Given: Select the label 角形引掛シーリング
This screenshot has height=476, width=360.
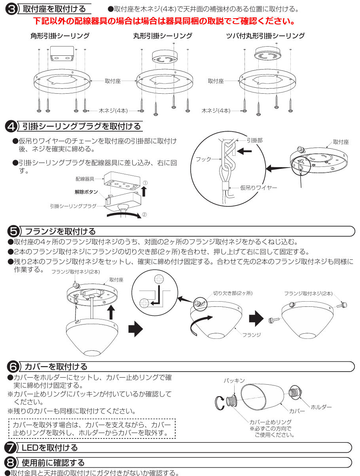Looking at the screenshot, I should click(x=60, y=36).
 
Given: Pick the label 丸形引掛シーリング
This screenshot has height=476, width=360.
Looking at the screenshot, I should click(x=163, y=36).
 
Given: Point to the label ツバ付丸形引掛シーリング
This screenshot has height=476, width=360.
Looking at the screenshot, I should click(x=265, y=36).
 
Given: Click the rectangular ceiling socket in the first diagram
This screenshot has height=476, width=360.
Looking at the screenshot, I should click(x=62, y=54).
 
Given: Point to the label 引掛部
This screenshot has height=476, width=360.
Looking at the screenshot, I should click(x=254, y=140).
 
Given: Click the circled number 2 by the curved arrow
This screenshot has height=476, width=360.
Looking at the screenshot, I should click(x=144, y=215).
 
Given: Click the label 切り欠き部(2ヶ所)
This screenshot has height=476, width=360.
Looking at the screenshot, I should click(x=233, y=293).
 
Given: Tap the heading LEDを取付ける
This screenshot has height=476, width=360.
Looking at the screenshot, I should click(x=50, y=448).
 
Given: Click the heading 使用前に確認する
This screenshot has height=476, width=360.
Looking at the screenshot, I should click(x=53, y=462).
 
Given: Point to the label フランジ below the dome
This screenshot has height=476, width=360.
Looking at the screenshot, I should click(x=251, y=334).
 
